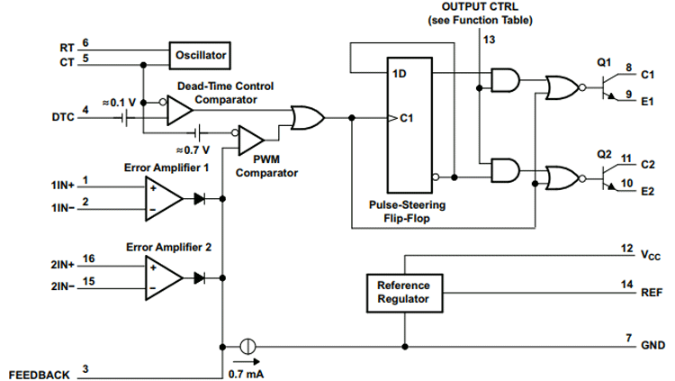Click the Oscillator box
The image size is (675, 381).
click(x=199, y=56)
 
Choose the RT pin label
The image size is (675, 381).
click(x=67, y=46)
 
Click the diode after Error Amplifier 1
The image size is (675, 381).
click(x=200, y=197)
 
